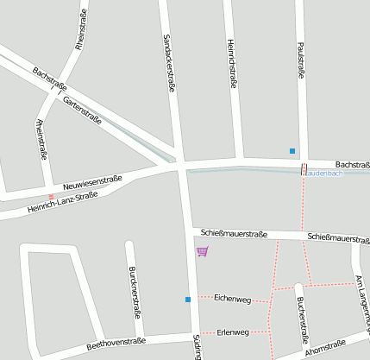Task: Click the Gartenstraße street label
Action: tap(82, 111)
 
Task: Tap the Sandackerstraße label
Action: tap(169, 61)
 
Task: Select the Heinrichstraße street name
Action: tap(231, 63)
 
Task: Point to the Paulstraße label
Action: tap(301, 60)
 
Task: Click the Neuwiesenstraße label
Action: tap(92, 183)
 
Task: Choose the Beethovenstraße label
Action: tap(114, 344)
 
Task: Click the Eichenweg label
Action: tap(232, 300)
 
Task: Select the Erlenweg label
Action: tap(233, 332)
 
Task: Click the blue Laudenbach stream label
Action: tap(327, 173)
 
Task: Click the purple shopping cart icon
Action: tap(203, 251)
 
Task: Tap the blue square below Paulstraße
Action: tap(292, 151)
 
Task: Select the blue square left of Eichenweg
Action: tap(188, 300)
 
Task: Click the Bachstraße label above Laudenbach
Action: tap(352, 164)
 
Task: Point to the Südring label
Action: tap(197, 346)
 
